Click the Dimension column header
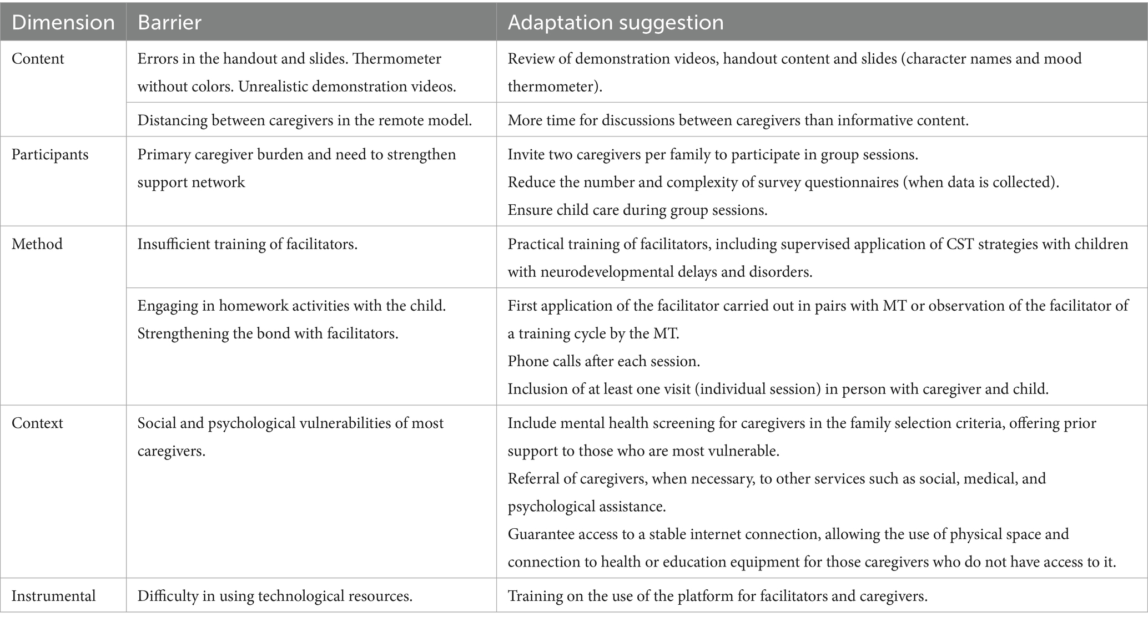click(63, 23)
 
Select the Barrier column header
click(169, 23)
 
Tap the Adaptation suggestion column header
click(615, 23)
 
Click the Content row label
click(38, 59)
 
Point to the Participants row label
click(50, 154)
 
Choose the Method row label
click(37, 244)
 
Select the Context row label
click(37, 423)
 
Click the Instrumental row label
click(53, 596)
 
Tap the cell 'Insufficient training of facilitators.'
click(247, 244)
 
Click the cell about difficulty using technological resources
click(275, 596)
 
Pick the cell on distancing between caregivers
click(304, 120)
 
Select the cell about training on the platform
click(717, 596)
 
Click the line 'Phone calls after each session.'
click(603, 361)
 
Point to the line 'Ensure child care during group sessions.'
click(637, 210)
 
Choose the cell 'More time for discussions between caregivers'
click(738, 120)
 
